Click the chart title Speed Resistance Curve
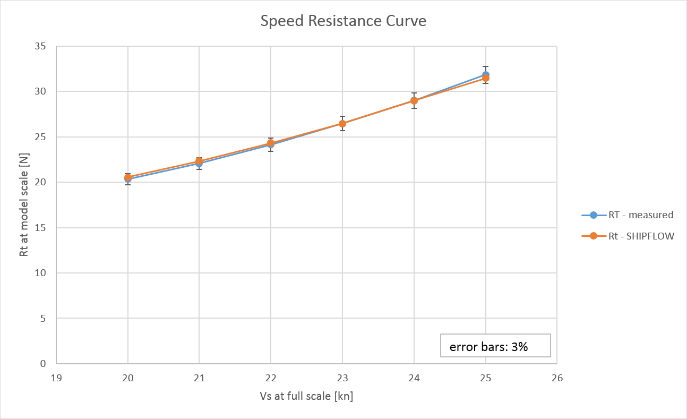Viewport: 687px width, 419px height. coord(343,21)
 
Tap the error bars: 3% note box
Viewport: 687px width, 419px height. coord(495,346)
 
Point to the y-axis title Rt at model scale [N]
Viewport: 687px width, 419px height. coord(24,204)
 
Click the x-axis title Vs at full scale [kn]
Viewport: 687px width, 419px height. coord(306,396)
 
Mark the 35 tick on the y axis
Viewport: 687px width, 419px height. coord(39,46)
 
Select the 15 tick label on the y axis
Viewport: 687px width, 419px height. coord(39,228)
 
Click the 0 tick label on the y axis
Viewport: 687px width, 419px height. coord(42,364)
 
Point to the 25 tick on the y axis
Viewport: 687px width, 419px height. coord(39,137)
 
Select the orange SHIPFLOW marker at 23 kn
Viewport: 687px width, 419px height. coord(342,124)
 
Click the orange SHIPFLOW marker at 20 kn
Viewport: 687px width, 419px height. coord(128,177)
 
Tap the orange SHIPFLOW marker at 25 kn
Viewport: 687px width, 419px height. coord(485,78)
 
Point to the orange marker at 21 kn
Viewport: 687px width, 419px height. coord(199,161)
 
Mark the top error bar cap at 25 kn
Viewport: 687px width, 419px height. coord(485,66)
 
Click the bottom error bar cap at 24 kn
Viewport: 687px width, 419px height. coord(414,108)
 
